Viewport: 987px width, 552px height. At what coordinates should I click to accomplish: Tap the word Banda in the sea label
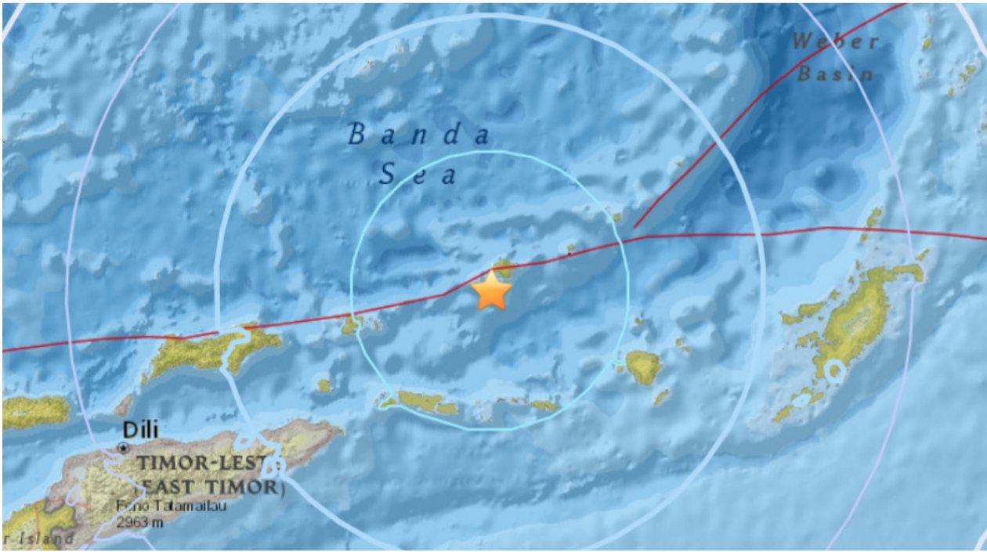tap(419, 135)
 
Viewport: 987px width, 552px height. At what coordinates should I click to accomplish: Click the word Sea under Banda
tap(418, 175)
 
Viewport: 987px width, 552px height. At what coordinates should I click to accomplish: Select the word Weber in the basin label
tap(835, 41)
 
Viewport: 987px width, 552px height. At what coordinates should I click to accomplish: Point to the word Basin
tap(835, 74)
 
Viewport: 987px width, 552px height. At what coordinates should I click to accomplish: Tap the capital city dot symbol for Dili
tap(123, 447)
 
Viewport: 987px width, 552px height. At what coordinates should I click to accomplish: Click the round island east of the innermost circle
tap(643, 366)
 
